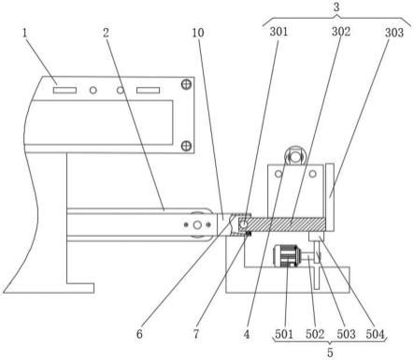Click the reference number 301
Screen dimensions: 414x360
(x=278, y=32)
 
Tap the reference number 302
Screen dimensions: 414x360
(x=341, y=32)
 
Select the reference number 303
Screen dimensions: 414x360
(x=394, y=33)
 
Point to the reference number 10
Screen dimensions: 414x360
(x=198, y=33)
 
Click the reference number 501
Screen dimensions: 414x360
(x=284, y=334)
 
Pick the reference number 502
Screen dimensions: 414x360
(x=315, y=334)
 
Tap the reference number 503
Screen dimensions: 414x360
(x=346, y=334)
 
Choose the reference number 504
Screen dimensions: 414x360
(x=375, y=334)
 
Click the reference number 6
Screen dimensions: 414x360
(x=139, y=334)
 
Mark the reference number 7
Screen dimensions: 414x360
(x=196, y=334)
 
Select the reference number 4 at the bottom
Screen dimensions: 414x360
(x=247, y=334)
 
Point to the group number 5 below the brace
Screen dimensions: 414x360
(x=330, y=353)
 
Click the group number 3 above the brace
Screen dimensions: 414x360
(x=336, y=7)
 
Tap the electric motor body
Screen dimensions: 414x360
(x=284, y=256)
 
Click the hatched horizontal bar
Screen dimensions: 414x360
(x=282, y=224)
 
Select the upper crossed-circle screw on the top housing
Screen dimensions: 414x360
(x=186, y=84)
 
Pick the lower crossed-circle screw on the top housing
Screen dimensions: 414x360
(x=186, y=146)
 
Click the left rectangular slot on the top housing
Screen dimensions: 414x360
(x=64, y=91)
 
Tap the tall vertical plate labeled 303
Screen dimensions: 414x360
(x=330, y=197)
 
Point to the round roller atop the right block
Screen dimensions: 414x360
(x=294, y=156)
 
